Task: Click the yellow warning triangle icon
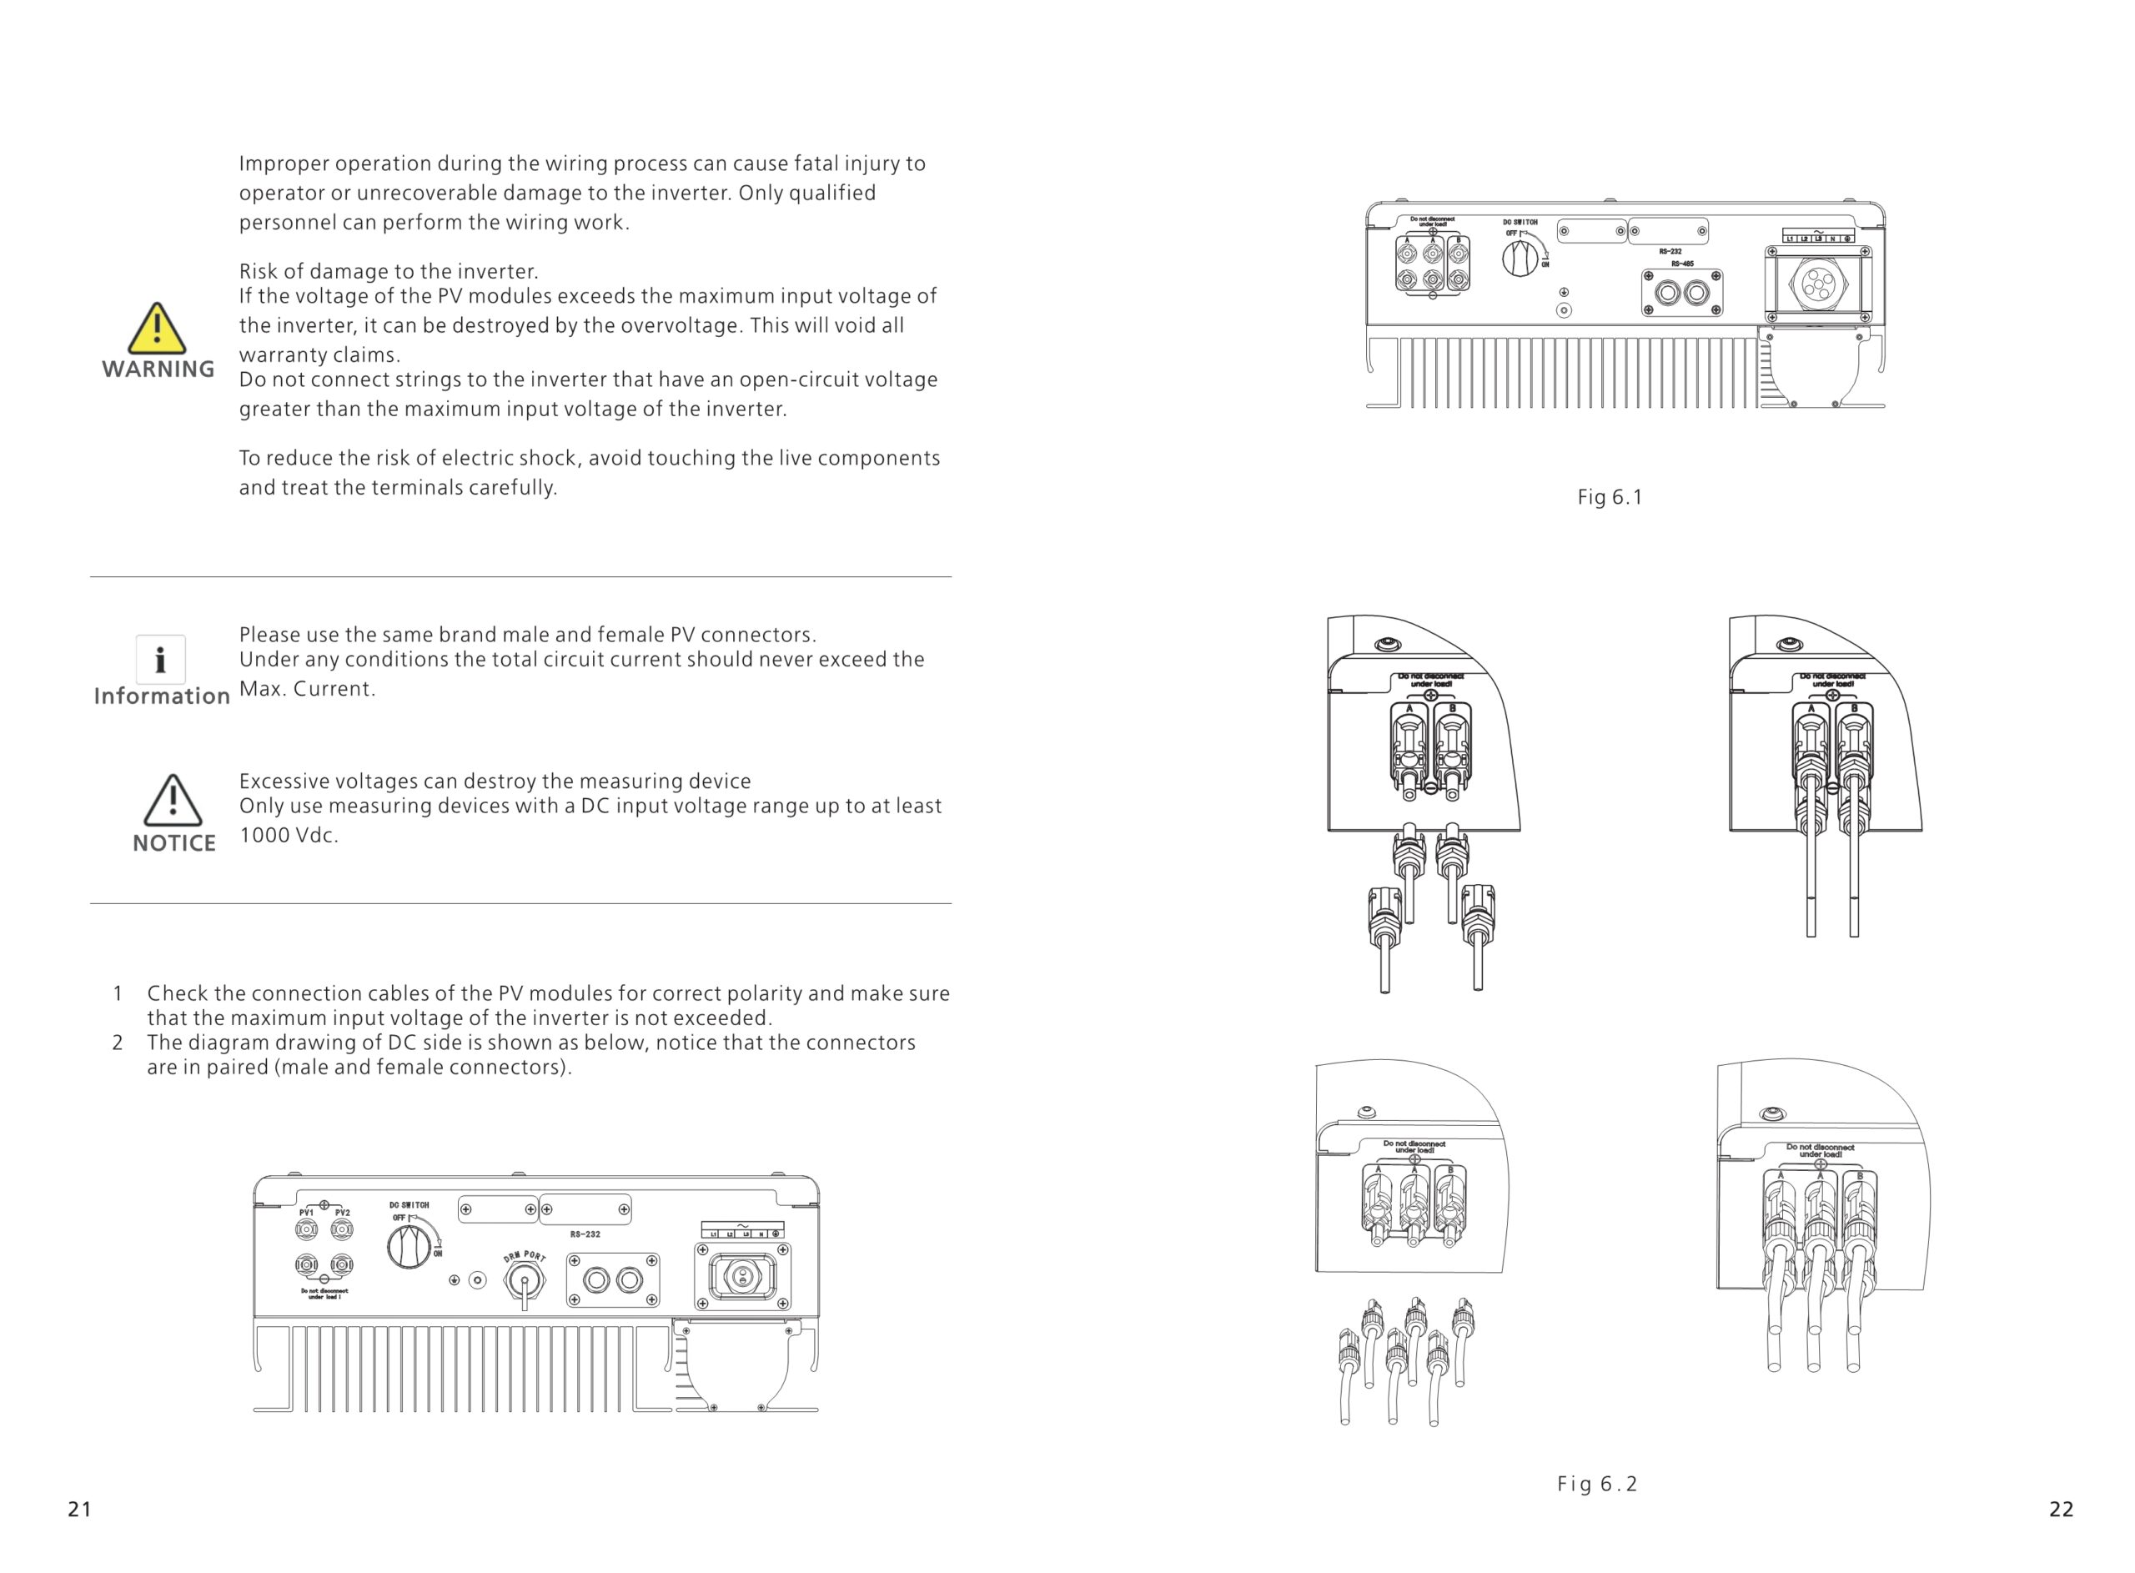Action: [156, 329]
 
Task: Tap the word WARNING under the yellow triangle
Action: [158, 369]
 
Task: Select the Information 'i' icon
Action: [160, 659]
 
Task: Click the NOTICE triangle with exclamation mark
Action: [173, 801]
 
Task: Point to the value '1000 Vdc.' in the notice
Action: [289, 836]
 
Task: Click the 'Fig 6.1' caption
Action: [1610, 497]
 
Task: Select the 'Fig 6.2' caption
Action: [1597, 1484]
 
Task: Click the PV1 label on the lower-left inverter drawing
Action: [307, 1213]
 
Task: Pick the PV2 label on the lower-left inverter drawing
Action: [343, 1213]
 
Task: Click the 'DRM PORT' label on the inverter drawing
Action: [525, 1257]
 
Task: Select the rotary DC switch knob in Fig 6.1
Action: [1520, 258]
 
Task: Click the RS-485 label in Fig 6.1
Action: [1682, 264]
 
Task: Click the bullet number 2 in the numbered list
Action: [117, 1043]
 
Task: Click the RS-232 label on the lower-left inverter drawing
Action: [585, 1234]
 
